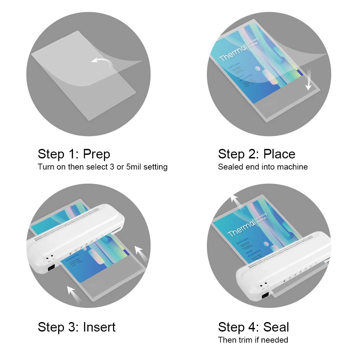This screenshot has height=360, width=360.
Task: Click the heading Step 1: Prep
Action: click(x=74, y=154)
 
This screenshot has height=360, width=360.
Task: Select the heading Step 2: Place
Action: click(x=257, y=154)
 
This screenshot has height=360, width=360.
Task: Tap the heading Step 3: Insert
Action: click(x=77, y=327)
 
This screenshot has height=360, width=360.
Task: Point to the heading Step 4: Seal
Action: click(x=253, y=327)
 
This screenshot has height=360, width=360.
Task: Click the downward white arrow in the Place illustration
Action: click(x=308, y=82)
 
